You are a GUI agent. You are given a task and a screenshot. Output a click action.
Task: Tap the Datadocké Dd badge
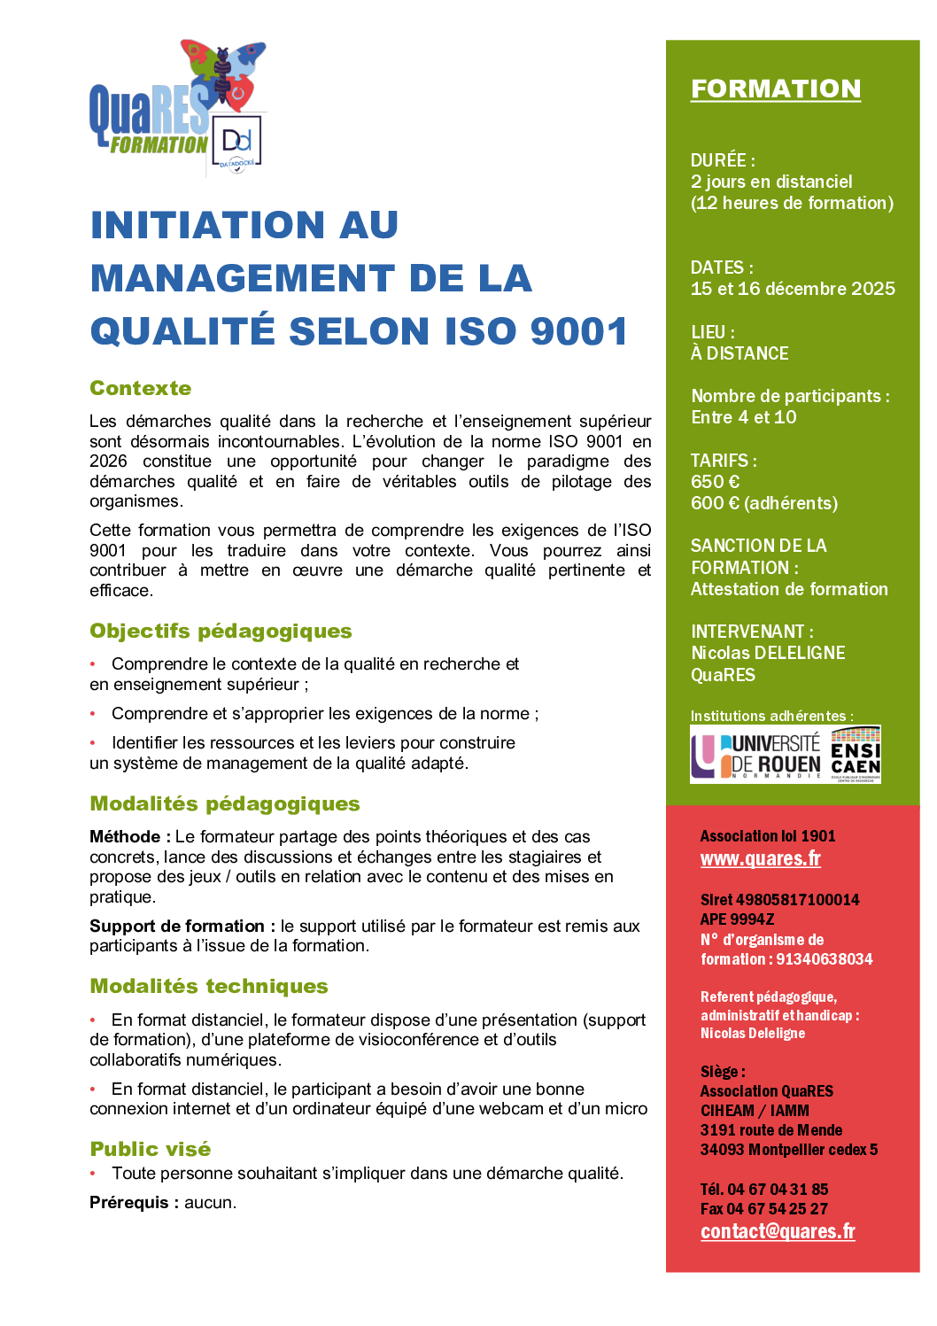pyautogui.click(x=237, y=142)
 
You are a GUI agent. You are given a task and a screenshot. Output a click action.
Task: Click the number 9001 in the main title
pyautogui.click(x=579, y=331)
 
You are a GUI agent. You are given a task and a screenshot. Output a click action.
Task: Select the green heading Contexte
pyautogui.click(x=141, y=388)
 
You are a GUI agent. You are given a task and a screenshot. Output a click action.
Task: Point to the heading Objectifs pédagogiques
pyautogui.click(x=221, y=631)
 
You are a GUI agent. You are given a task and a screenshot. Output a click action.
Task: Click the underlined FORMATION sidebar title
pyautogui.click(x=775, y=89)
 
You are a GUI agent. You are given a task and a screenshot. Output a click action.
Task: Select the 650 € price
pyautogui.click(x=715, y=482)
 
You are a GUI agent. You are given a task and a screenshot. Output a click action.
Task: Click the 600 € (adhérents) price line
pyautogui.click(x=763, y=503)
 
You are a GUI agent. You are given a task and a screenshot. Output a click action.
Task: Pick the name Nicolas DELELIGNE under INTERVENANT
pyautogui.click(x=768, y=653)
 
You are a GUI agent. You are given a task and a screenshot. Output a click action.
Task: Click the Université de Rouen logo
pyautogui.click(x=757, y=755)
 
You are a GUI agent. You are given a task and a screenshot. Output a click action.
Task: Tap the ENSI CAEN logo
pyautogui.click(x=856, y=755)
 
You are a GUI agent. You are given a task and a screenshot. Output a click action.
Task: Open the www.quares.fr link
pyautogui.click(x=760, y=858)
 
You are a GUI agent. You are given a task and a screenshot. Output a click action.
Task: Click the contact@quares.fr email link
pyautogui.click(x=778, y=1231)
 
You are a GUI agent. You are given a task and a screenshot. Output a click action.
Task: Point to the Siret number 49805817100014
pyautogui.click(x=779, y=900)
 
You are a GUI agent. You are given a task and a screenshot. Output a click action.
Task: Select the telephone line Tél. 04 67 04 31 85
pyautogui.click(x=764, y=1189)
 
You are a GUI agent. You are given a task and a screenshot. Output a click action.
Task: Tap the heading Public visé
pyautogui.click(x=151, y=1149)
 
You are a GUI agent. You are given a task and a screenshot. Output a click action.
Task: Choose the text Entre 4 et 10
pyautogui.click(x=744, y=417)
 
